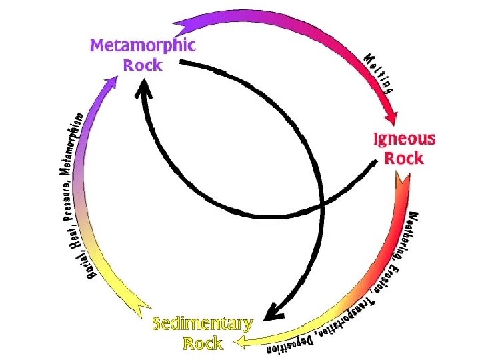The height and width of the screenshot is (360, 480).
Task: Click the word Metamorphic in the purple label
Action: click(143, 46)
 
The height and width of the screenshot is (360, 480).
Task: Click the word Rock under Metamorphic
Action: click(143, 65)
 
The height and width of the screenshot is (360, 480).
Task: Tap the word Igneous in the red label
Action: click(403, 140)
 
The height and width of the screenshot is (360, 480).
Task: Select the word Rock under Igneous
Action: click(404, 159)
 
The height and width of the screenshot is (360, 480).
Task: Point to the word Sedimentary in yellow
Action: click(202, 325)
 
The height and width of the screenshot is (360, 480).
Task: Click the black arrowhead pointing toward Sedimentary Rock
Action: click(271, 311)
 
